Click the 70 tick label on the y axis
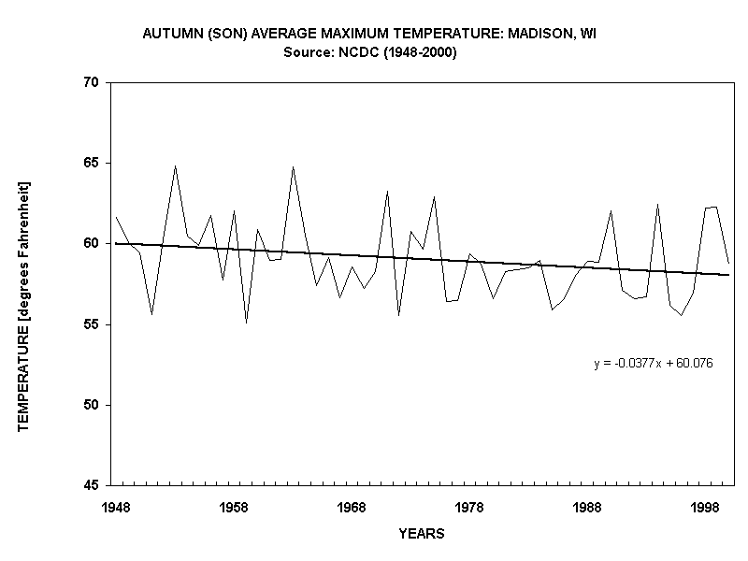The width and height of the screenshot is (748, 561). tap(92, 82)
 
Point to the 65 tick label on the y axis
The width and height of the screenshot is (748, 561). tap(92, 163)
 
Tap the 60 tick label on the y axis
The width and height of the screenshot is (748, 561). tap(92, 244)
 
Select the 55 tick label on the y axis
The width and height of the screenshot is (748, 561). tap(92, 324)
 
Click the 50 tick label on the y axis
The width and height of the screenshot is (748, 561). tap(92, 405)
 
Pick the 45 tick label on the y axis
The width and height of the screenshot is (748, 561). tap(92, 485)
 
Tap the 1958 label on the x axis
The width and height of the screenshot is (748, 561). tap(234, 506)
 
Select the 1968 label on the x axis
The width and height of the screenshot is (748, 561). tap(352, 506)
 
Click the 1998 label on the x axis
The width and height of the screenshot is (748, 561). tap(705, 506)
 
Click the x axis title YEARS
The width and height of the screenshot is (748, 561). tap(421, 534)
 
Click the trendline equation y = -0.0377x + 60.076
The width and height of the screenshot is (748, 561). tap(654, 364)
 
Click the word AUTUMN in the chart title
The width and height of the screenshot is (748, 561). tap(169, 34)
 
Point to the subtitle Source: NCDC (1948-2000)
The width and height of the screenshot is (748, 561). tap(369, 52)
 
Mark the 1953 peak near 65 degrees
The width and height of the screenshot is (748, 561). tap(175, 166)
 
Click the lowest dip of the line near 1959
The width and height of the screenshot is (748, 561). tap(246, 323)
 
